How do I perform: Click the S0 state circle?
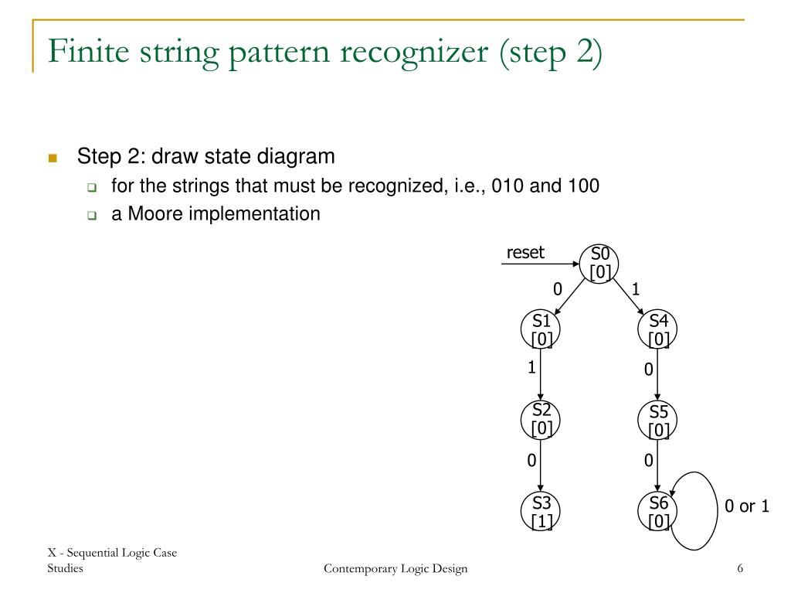600,263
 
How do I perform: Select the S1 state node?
541,330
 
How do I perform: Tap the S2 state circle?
541,418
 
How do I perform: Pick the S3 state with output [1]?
541,512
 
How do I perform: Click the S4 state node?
658,330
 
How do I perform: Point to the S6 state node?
658,512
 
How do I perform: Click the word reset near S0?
525,253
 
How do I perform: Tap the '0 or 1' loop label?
746,507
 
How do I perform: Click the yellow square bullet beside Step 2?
53,158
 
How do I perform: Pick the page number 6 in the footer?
740,570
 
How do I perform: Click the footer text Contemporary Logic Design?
395,570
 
